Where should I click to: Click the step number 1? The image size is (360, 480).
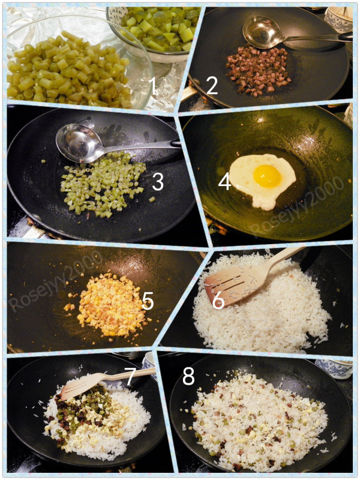point(152,86)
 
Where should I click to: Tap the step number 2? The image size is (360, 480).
point(212,85)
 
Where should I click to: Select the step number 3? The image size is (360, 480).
point(158,182)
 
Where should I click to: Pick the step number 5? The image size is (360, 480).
point(148,301)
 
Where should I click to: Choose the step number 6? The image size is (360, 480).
point(218,301)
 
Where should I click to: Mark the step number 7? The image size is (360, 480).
point(130,376)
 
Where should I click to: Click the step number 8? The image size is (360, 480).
point(188,376)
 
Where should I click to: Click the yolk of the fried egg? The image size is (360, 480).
point(267,176)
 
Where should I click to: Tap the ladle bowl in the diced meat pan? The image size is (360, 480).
point(261,32)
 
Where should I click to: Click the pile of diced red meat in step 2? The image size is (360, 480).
point(258,71)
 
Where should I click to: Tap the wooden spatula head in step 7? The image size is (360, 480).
point(80,387)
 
